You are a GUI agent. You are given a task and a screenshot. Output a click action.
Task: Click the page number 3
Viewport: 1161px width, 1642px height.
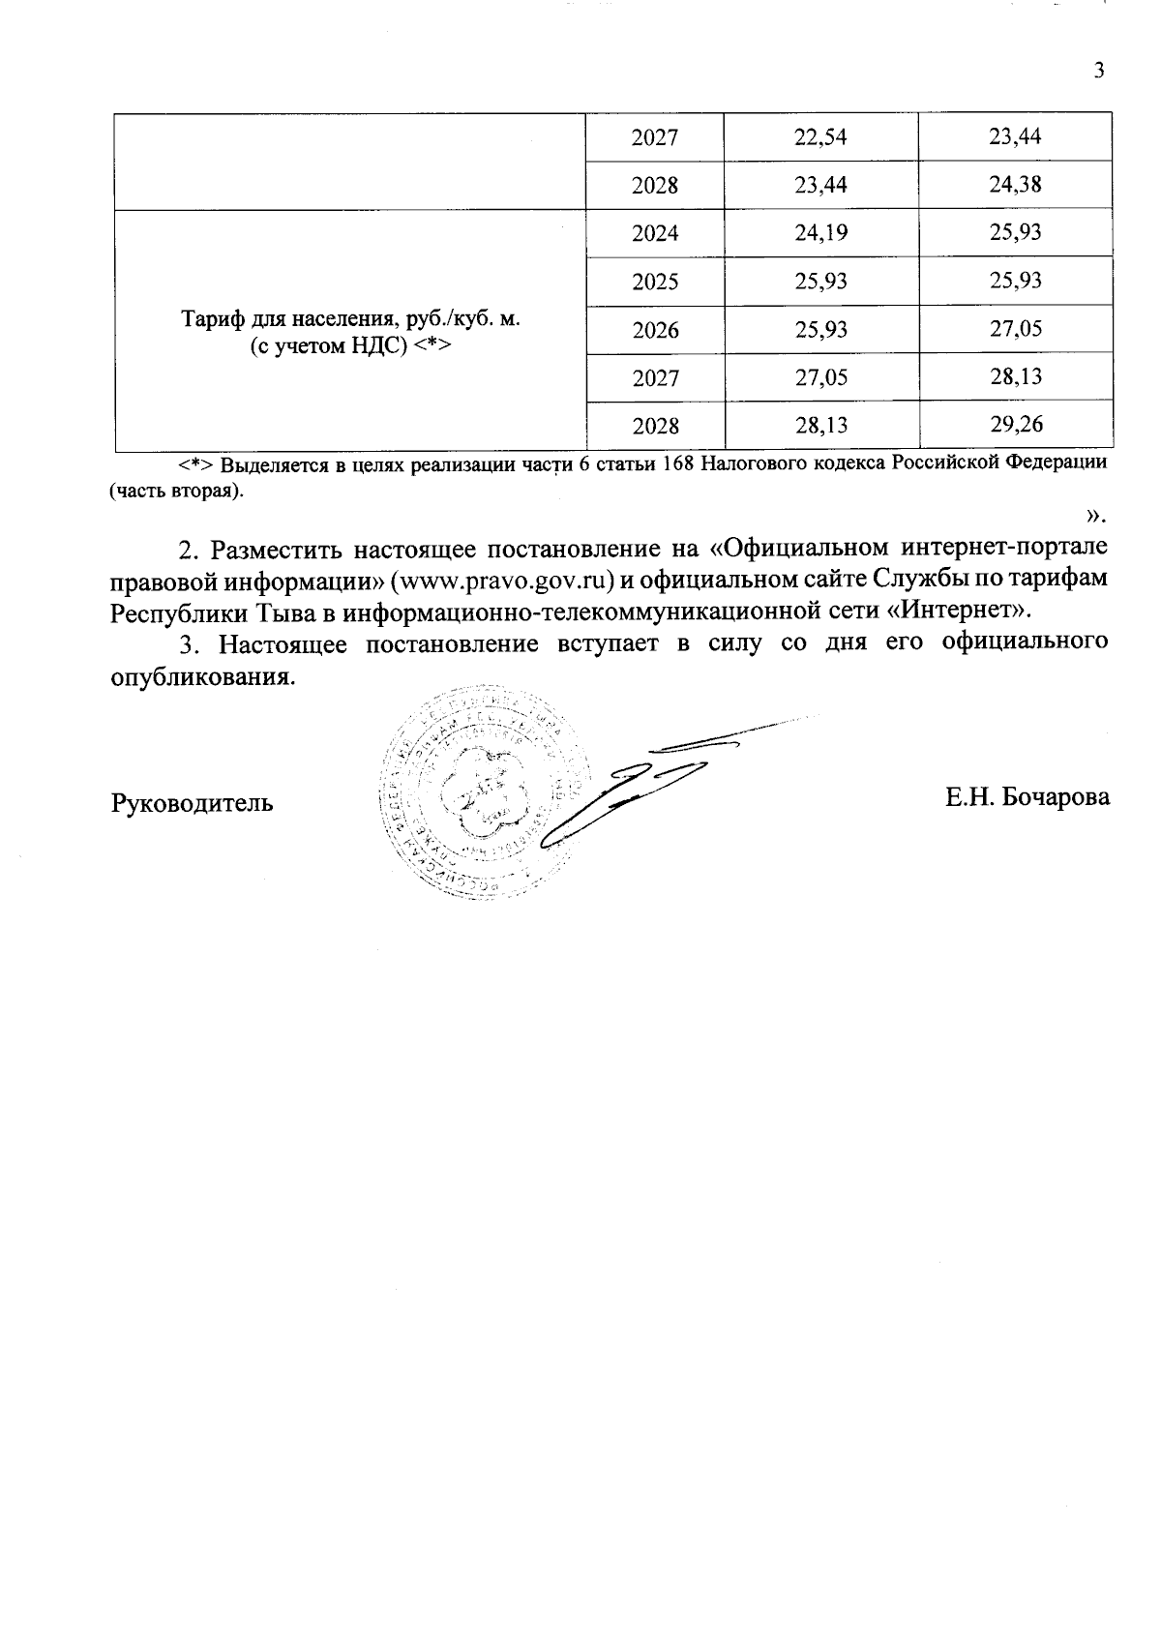click(1097, 71)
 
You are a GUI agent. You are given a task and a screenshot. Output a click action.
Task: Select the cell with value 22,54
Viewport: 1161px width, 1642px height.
click(820, 137)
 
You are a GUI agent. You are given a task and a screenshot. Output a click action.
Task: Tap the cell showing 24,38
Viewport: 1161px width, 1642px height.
click(1015, 185)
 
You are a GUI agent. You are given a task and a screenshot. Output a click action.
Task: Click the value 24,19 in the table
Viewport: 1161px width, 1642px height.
click(820, 233)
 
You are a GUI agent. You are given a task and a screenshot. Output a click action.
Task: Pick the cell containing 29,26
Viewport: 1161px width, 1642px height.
click(1015, 425)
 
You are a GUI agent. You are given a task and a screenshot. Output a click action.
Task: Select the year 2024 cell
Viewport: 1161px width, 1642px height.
click(655, 233)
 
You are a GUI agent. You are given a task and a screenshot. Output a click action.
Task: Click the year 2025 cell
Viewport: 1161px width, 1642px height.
click(655, 282)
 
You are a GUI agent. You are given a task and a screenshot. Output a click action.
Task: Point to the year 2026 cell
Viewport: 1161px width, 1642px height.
click(655, 330)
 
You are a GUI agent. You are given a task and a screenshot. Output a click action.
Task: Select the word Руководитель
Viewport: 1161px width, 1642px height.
click(193, 803)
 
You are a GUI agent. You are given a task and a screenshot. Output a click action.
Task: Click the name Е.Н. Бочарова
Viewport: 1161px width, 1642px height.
click(1027, 797)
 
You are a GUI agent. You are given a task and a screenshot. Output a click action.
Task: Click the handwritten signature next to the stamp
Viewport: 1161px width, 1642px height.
click(639, 784)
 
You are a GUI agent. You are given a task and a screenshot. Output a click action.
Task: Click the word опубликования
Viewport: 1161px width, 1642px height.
click(202, 676)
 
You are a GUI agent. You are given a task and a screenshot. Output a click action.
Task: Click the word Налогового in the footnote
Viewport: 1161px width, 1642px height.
click(744, 463)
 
